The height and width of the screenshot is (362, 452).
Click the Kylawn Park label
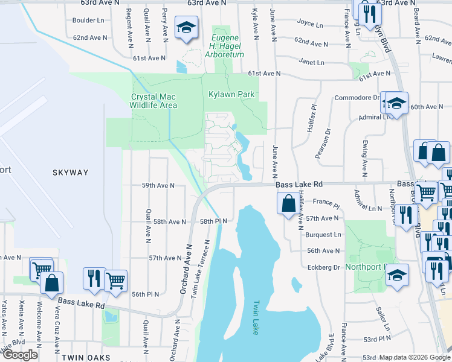tap(231, 95)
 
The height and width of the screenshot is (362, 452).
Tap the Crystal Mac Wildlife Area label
tap(154, 101)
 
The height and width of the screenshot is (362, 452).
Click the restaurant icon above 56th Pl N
tap(94, 278)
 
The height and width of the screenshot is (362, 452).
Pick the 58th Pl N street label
tap(213, 221)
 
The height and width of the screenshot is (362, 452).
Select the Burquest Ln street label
tap(323, 234)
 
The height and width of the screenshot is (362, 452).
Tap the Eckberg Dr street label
tap(324, 267)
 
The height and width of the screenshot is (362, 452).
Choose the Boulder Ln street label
tap(88, 21)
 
